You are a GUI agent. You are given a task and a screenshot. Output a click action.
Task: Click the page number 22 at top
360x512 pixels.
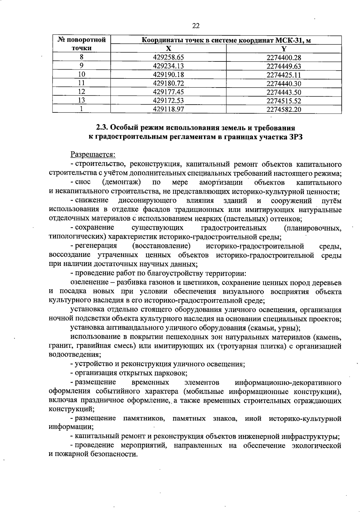click(196, 26)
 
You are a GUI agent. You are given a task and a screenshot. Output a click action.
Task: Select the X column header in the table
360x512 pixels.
click(169, 49)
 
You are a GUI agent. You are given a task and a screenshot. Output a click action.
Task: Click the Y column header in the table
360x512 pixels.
click(284, 49)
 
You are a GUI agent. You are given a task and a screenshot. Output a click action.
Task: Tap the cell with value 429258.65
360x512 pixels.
click(168, 57)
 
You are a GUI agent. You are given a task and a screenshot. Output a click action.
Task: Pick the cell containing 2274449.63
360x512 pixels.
click(283, 66)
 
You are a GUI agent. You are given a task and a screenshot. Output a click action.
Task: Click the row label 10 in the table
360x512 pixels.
click(81, 75)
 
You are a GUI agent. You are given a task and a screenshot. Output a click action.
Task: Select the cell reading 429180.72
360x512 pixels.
click(168, 83)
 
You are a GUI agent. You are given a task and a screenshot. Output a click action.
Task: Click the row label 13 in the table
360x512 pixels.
click(81, 101)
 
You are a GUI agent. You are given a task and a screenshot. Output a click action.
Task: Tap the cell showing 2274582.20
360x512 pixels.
click(283, 109)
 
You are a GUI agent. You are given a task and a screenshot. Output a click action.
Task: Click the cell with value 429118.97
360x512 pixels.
click(168, 109)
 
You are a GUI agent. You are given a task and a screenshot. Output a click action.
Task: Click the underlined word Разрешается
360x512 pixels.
click(93, 155)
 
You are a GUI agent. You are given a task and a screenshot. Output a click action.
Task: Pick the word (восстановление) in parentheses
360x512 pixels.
click(161, 246)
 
